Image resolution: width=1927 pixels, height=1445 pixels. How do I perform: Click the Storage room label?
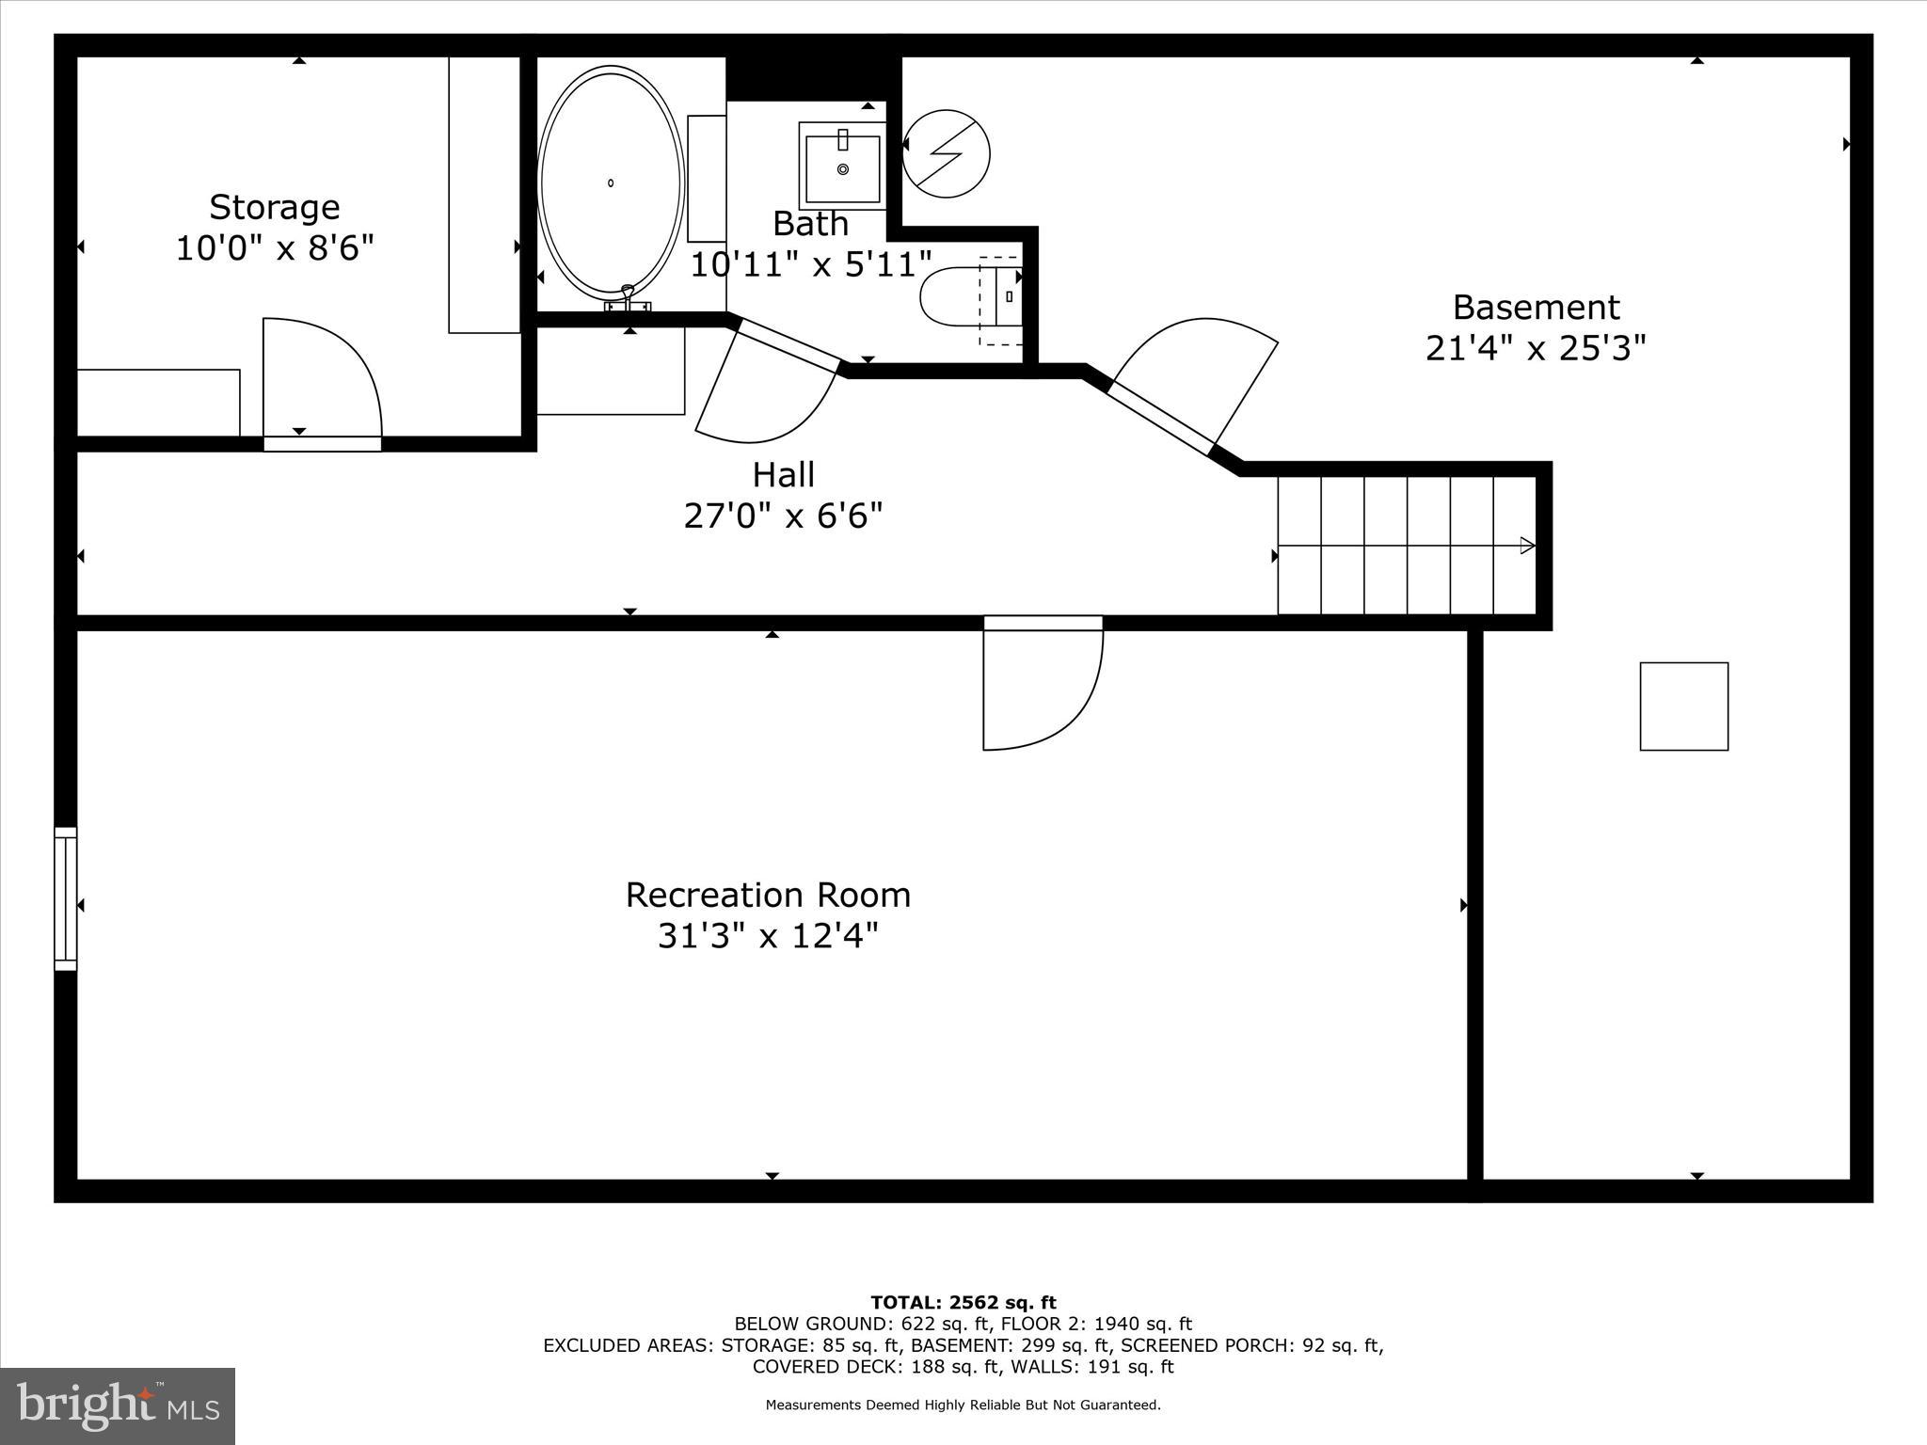tap(274, 207)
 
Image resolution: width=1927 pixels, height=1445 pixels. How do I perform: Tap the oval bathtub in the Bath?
tap(611, 182)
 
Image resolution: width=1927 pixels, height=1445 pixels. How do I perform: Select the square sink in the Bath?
tap(843, 166)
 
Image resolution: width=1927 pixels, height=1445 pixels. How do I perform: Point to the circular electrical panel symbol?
tap(946, 153)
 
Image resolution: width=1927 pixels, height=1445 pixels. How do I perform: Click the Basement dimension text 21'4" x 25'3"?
tap(1536, 349)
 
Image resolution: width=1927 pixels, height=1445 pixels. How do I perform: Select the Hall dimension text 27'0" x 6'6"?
tap(783, 516)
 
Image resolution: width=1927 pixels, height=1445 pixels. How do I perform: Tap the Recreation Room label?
tap(768, 895)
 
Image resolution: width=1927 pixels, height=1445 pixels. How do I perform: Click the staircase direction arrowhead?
tap(1528, 546)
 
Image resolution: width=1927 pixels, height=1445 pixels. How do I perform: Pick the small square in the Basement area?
tap(1683, 707)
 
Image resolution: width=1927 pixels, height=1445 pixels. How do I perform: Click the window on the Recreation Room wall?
tap(65, 898)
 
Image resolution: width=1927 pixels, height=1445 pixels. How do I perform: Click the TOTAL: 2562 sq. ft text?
tap(963, 1303)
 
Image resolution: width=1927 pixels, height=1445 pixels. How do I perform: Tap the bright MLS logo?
tap(117, 1405)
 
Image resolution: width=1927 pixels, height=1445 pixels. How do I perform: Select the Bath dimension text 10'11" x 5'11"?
tap(811, 265)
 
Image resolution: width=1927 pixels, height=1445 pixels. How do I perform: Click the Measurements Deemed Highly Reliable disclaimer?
tap(963, 1405)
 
